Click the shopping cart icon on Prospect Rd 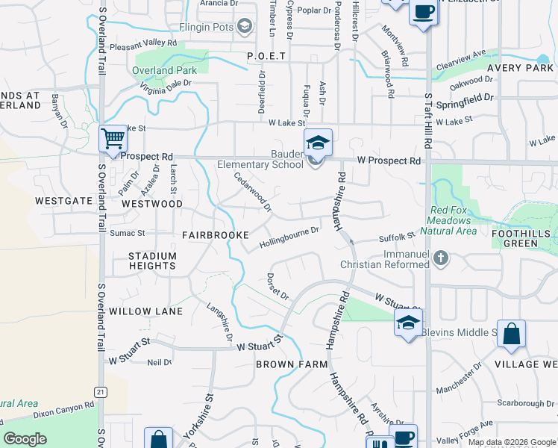pos(113,138)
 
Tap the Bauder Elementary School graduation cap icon pos(318,141)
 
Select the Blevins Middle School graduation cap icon pos(408,323)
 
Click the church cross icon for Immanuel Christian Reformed pos(442,258)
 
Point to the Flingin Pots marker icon pos(244,28)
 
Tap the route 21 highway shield pos(100,392)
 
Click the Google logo pos(25,439)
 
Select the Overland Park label pos(164,71)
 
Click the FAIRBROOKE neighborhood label pos(216,234)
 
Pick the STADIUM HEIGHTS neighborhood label pos(152,261)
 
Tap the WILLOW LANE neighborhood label pos(145,311)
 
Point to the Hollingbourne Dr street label pos(289,237)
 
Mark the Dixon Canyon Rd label pos(63,408)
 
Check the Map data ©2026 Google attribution pos(512,442)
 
